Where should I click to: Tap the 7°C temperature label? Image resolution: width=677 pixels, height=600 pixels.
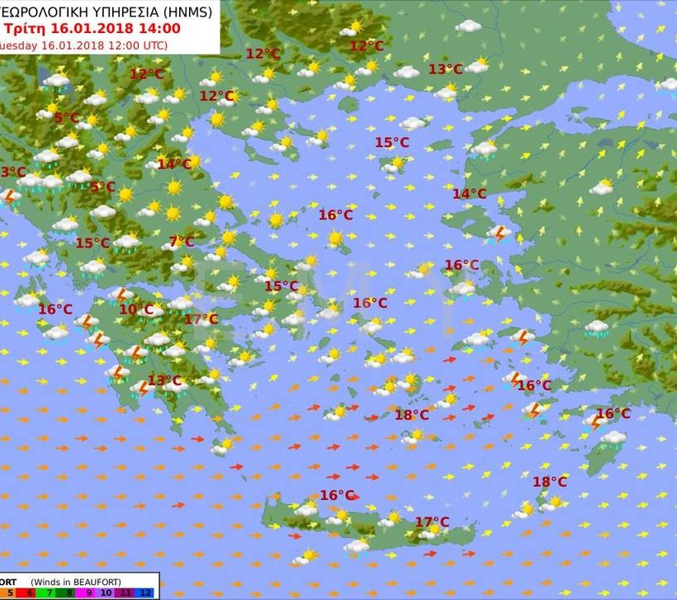[x=182, y=242]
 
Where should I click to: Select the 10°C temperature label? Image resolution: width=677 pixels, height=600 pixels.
[x=135, y=309]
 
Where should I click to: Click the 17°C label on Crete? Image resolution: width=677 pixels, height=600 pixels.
[x=432, y=522]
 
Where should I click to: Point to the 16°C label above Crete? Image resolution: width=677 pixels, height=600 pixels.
[x=337, y=495]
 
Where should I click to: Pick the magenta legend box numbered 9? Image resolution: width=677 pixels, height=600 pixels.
[x=88, y=593]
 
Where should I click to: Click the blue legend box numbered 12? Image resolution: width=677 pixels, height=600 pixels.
[x=146, y=593]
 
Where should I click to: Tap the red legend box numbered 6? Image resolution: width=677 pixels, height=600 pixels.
[x=31, y=593]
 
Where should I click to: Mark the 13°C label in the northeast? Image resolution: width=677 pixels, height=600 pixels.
[x=445, y=69]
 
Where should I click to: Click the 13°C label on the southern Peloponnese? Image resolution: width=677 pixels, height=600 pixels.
[x=164, y=380]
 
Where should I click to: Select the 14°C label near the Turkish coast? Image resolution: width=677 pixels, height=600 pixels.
[x=469, y=194]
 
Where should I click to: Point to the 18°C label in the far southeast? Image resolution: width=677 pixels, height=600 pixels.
[x=549, y=482]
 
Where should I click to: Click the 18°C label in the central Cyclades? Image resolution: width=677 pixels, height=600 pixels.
[x=411, y=415]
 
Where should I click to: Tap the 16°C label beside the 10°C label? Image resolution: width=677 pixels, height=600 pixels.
[x=54, y=309]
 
